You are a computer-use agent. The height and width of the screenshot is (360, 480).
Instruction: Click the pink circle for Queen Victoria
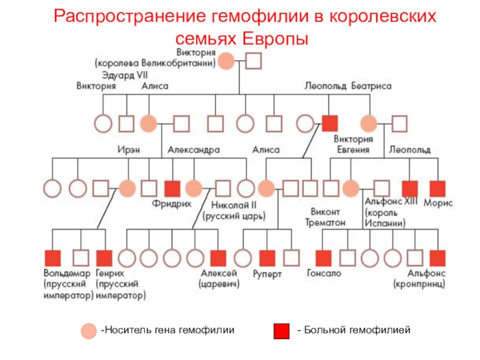[226, 61]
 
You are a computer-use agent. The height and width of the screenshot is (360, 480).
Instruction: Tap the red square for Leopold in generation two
[330, 124]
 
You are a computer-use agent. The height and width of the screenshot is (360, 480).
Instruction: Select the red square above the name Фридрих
[172, 188]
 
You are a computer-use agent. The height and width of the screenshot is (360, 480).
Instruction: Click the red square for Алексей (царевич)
[218, 258]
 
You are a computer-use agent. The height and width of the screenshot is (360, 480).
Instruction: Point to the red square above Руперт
[266, 258]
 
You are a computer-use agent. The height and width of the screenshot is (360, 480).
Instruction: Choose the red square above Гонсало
[323, 258]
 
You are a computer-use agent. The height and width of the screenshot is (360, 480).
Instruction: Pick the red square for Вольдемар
[53, 258]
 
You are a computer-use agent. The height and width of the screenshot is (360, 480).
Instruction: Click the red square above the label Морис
[437, 188]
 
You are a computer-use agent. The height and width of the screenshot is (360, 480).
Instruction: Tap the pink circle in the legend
[89, 331]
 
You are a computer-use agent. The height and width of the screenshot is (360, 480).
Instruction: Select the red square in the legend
[281, 331]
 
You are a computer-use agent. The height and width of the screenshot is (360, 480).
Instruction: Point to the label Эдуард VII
[125, 75]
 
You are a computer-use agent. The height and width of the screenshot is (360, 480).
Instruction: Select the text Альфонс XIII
[391, 202]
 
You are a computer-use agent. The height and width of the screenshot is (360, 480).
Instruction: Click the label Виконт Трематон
[328, 217]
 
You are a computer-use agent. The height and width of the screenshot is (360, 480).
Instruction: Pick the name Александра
[193, 149]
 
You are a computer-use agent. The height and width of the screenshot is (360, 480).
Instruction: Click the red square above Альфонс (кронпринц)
[437, 258]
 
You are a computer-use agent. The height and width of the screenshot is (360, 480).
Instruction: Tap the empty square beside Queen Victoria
[253, 61]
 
